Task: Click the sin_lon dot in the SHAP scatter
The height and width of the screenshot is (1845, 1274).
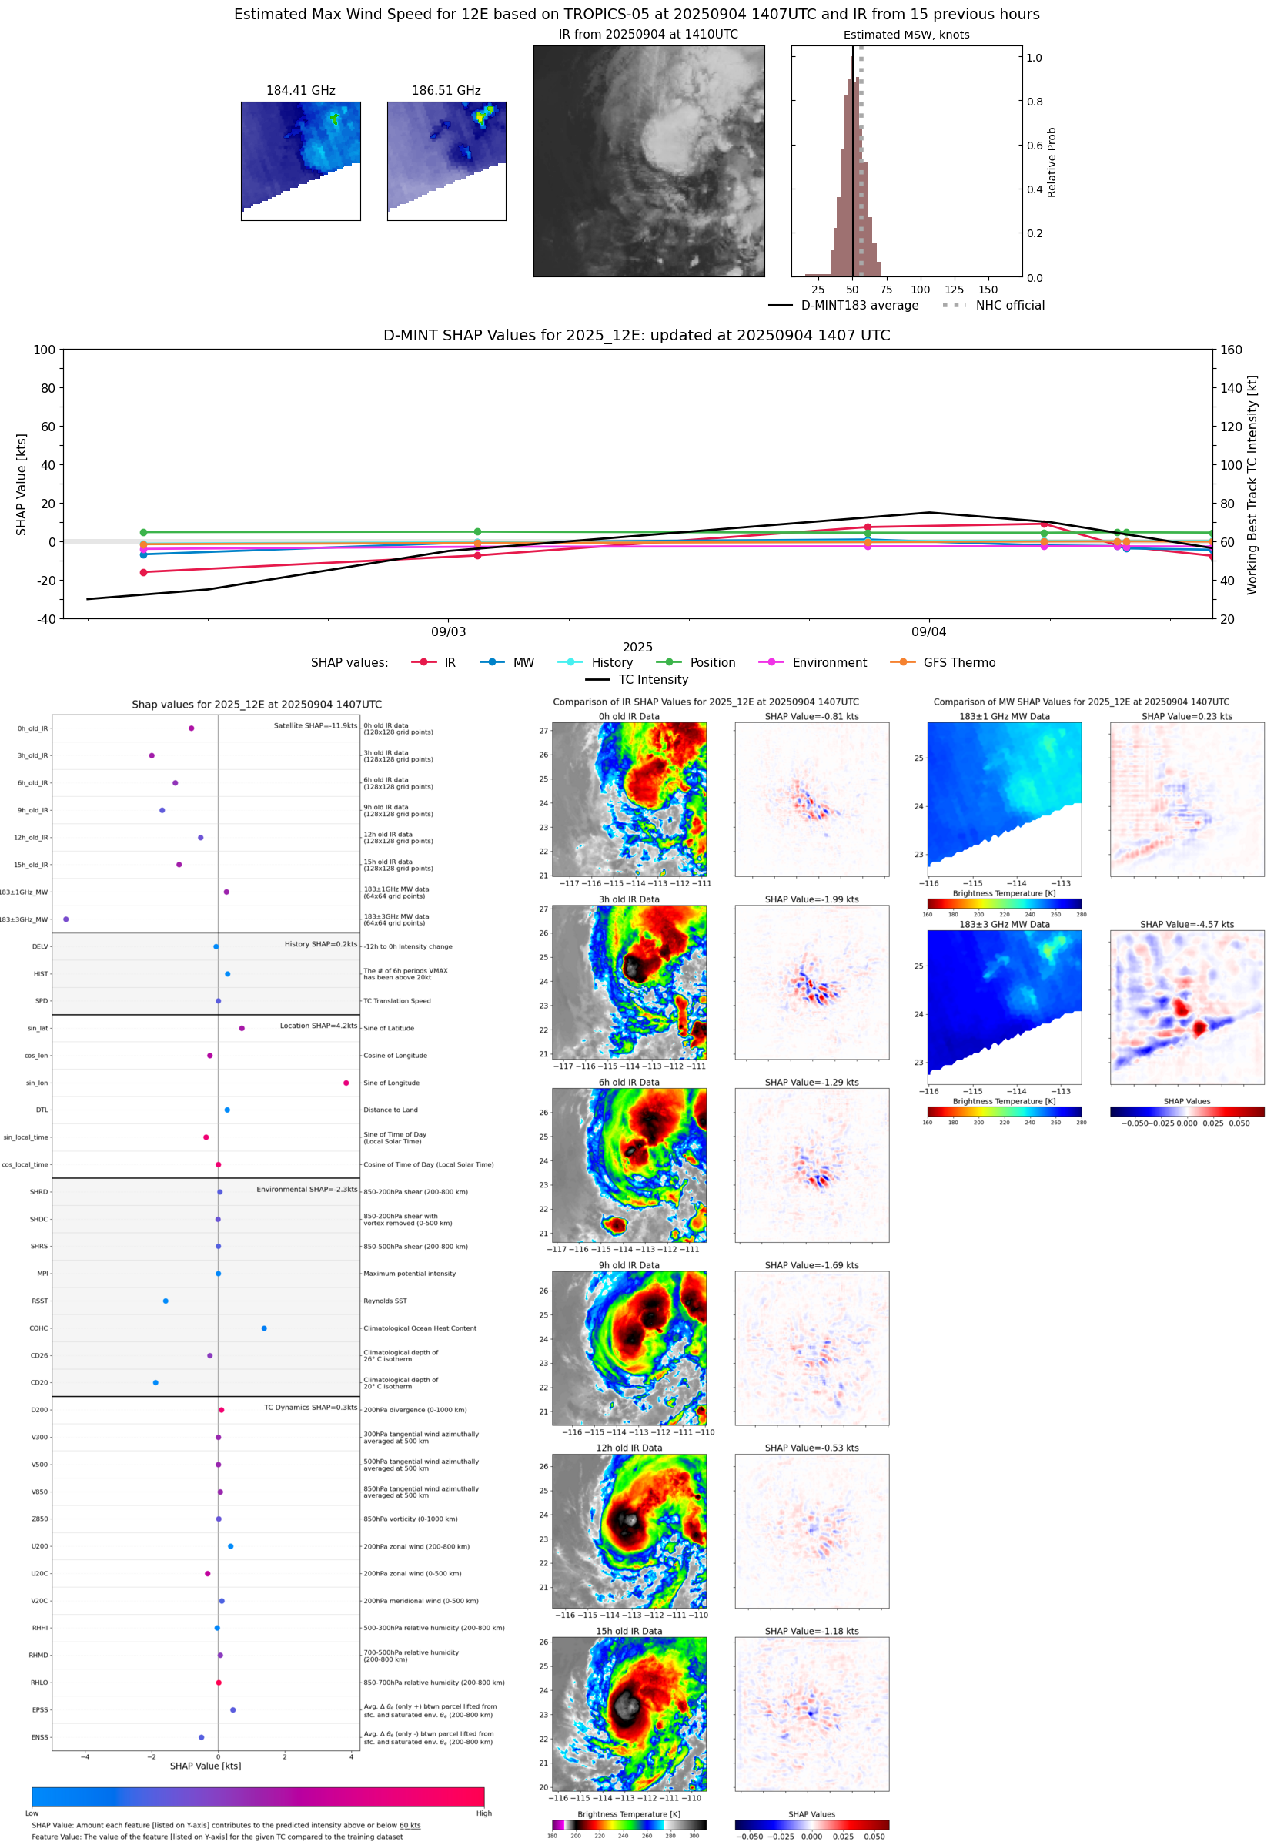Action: pyautogui.click(x=346, y=1083)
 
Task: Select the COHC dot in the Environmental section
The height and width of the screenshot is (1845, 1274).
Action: pyautogui.click(x=264, y=1328)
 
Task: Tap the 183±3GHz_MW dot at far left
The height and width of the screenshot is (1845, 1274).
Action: pyautogui.click(x=66, y=919)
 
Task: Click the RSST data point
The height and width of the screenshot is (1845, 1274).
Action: pyautogui.click(x=166, y=1301)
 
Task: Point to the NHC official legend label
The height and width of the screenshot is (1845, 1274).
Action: pyautogui.click(x=1010, y=305)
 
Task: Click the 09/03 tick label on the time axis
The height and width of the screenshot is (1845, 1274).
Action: pyautogui.click(x=449, y=631)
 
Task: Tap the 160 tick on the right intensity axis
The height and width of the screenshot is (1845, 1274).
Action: pyautogui.click(x=1231, y=350)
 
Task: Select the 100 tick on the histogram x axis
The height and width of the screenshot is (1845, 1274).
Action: pyautogui.click(x=921, y=290)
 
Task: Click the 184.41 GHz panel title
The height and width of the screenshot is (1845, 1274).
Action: pyautogui.click(x=301, y=91)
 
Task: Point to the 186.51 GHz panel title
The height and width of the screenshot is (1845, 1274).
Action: pyautogui.click(x=446, y=91)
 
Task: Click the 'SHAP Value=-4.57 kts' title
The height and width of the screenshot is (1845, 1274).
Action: pyautogui.click(x=1186, y=925)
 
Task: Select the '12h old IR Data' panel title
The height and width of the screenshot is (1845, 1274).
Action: pyautogui.click(x=629, y=1448)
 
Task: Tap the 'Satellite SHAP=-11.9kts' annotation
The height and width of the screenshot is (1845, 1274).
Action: pyautogui.click(x=316, y=725)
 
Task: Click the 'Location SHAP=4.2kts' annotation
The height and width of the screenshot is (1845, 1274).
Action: pyautogui.click(x=319, y=1026)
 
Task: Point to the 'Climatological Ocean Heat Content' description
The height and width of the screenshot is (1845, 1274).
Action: pyautogui.click(x=420, y=1328)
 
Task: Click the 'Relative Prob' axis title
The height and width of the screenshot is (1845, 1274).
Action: pyautogui.click(x=1052, y=162)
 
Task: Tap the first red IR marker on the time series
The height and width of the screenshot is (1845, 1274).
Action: pyautogui.click(x=144, y=572)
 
